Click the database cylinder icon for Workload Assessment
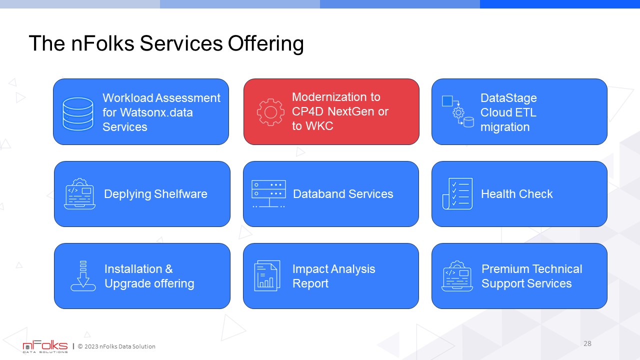coord(77,113)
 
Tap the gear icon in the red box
coord(270,112)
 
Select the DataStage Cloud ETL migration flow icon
coord(457,111)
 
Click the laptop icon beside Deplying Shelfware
coord(79,193)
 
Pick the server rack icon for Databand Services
coord(268,193)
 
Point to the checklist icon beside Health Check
coord(457,193)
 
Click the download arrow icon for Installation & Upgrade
coord(83,275)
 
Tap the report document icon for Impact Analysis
coord(267,275)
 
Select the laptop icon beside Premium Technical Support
coord(457,275)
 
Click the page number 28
coord(587,343)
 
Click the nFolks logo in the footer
coord(45,346)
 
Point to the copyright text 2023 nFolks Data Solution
coord(116,346)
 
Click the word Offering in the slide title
coord(265,43)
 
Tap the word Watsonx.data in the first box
coord(156,112)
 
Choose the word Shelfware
coord(180,194)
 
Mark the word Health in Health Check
coord(498,194)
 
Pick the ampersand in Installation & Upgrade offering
coord(169,269)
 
